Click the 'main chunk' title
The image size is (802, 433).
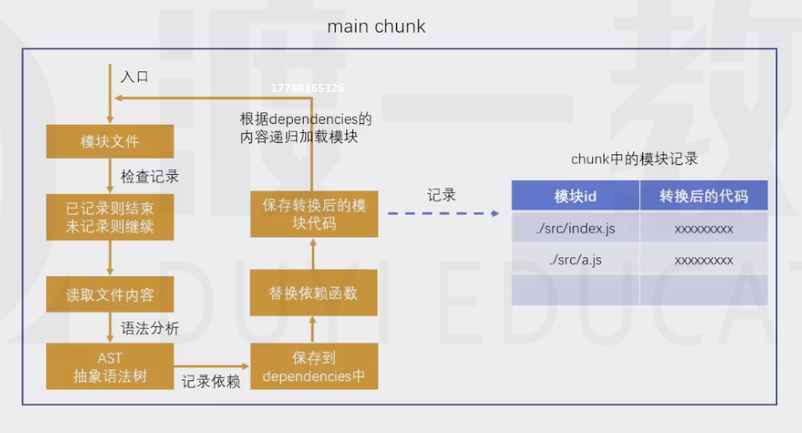coord(376,26)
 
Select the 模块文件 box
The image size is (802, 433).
coord(110,141)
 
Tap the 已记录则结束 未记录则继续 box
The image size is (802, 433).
coord(110,217)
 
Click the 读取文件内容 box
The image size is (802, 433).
coord(110,294)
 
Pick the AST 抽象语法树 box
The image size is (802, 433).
coord(110,366)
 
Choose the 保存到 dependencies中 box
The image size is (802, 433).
coord(314,366)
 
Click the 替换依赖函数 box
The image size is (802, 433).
coord(313,293)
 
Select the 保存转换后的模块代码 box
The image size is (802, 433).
coord(314,214)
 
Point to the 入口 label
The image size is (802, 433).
coord(135,76)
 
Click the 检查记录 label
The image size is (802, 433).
coord(150,177)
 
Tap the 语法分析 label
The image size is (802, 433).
coord(150,328)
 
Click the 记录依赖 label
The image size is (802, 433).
coord(211,381)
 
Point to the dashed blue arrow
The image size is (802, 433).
coord(443,214)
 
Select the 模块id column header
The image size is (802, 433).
coord(576,196)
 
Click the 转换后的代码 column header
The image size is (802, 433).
coord(704,196)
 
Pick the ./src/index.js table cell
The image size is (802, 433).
coord(576,228)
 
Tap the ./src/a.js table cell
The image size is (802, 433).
coord(576,260)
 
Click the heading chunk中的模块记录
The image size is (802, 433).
coord(634,159)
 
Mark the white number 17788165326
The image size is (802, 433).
coord(308,89)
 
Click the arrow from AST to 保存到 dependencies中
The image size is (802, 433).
coord(211,366)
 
